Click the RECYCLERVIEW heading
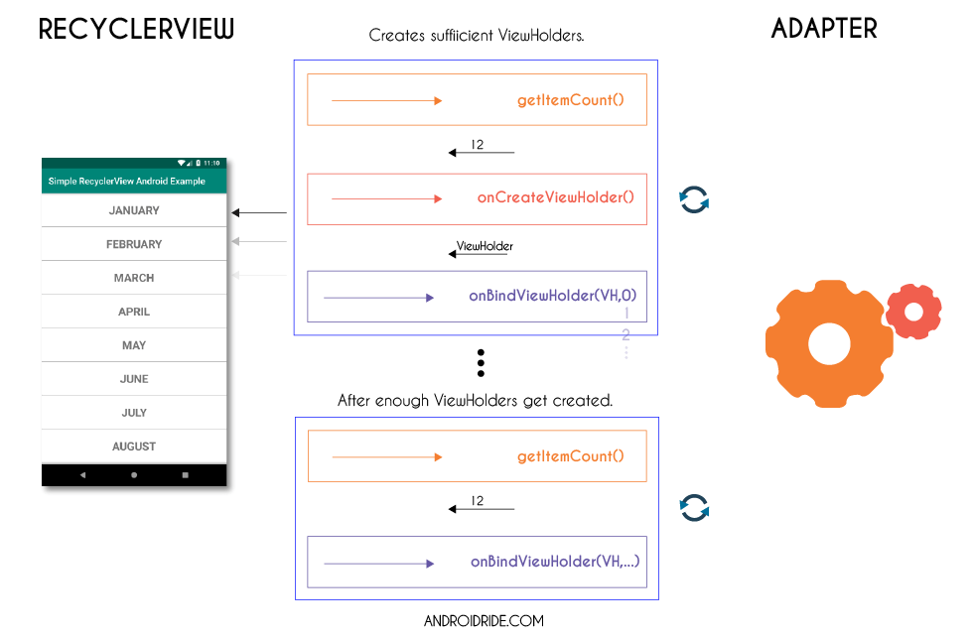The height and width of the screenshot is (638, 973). click(136, 30)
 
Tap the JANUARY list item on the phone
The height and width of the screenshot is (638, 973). click(134, 210)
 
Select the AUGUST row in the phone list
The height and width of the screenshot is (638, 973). click(134, 447)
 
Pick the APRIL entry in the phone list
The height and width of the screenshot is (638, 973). click(134, 312)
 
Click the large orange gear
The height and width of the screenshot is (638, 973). click(828, 343)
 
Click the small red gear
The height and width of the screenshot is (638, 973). click(913, 312)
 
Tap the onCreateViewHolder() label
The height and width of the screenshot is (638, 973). click(555, 197)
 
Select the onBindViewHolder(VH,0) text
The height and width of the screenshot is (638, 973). click(552, 296)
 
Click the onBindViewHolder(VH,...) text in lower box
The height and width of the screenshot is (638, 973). click(554, 562)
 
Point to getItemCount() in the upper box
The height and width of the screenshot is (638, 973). click(570, 100)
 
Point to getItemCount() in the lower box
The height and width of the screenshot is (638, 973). click(570, 456)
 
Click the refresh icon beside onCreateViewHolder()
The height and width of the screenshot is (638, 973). click(694, 198)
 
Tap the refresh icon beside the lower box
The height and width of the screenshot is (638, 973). click(694, 508)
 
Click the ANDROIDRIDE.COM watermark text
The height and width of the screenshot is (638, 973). click(484, 621)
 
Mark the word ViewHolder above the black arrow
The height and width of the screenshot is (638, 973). click(485, 245)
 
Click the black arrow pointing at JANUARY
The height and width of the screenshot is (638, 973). click(259, 212)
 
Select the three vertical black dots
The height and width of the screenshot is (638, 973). click(481, 363)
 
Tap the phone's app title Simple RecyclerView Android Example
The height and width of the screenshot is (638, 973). click(127, 182)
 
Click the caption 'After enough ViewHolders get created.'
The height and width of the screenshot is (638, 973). click(475, 401)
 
